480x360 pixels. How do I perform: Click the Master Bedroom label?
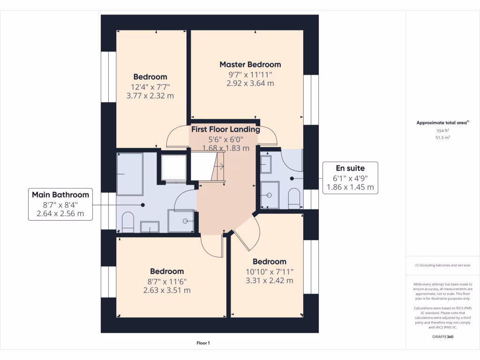click(x=250, y=65)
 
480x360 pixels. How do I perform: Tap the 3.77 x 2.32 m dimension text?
click(x=150, y=95)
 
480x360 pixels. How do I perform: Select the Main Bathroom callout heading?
click(x=60, y=195)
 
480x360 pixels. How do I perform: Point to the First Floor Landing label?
click(x=225, y=129)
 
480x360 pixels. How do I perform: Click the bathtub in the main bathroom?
click(x=129, y=174)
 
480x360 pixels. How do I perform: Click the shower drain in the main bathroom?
click(x=186, y=221)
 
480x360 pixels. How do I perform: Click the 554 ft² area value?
click(x=443, y=131)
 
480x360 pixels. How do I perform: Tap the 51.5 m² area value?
click(x=443, y=138)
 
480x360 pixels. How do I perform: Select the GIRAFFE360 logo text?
click(x=443, y=337)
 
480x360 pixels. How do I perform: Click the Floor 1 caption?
click(x=203, y=343)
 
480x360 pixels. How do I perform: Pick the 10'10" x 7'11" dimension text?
click(x=269, y=271)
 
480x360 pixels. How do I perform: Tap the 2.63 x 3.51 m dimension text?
click(x=167, y=290)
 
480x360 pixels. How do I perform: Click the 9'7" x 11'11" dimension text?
click(x=250, y=75)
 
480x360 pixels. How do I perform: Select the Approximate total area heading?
click(x=442, y=123)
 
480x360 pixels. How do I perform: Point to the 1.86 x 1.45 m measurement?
click(x=350, y=187)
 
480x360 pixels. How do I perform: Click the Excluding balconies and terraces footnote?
click(x=443, y=265)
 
